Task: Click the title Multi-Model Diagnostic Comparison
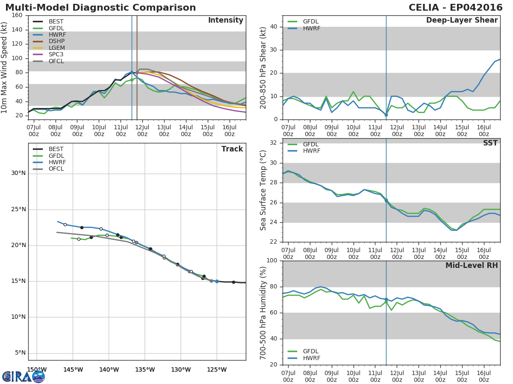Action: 100,8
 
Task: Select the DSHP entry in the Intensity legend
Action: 56,41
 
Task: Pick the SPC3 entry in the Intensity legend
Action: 56,55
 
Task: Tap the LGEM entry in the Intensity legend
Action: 56,48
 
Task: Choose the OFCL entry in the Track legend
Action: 56,169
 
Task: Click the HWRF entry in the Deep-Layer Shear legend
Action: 311,29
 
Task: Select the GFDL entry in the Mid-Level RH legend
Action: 311,351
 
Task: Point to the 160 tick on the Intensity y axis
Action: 17,15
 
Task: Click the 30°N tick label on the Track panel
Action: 18,173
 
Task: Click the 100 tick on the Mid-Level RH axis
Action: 271,261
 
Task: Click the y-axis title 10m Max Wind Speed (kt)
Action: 5,67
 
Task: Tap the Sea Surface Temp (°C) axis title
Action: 263,190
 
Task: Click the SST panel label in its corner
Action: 490,143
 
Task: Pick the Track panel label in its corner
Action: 232,149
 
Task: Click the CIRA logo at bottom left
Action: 24,376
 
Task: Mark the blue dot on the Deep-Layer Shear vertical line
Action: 386,115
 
